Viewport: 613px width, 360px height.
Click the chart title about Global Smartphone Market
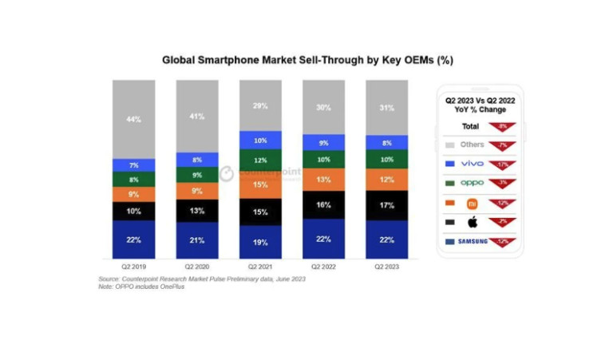coord(307,60)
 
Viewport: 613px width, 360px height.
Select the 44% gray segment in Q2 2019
coord(133,119)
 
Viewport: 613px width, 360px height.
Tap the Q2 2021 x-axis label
coord(261,267)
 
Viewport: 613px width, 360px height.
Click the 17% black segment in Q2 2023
coord(387,204)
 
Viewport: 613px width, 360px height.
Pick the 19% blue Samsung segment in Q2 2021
coord(261,242)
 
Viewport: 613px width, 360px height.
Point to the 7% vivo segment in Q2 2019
coord(133,165)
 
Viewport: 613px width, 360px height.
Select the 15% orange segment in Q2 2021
coord(261,185)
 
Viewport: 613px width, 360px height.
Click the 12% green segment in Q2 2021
coord(261,161)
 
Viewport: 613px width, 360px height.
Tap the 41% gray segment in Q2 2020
coord(197,116)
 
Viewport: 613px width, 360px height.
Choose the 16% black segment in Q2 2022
coord(324,205)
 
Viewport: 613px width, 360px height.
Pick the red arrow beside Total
coord(501,126)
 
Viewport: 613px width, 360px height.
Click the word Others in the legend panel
coord(471,144)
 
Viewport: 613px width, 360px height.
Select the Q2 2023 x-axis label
coord(387,267)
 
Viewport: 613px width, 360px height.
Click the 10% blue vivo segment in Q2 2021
coord(261,140)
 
